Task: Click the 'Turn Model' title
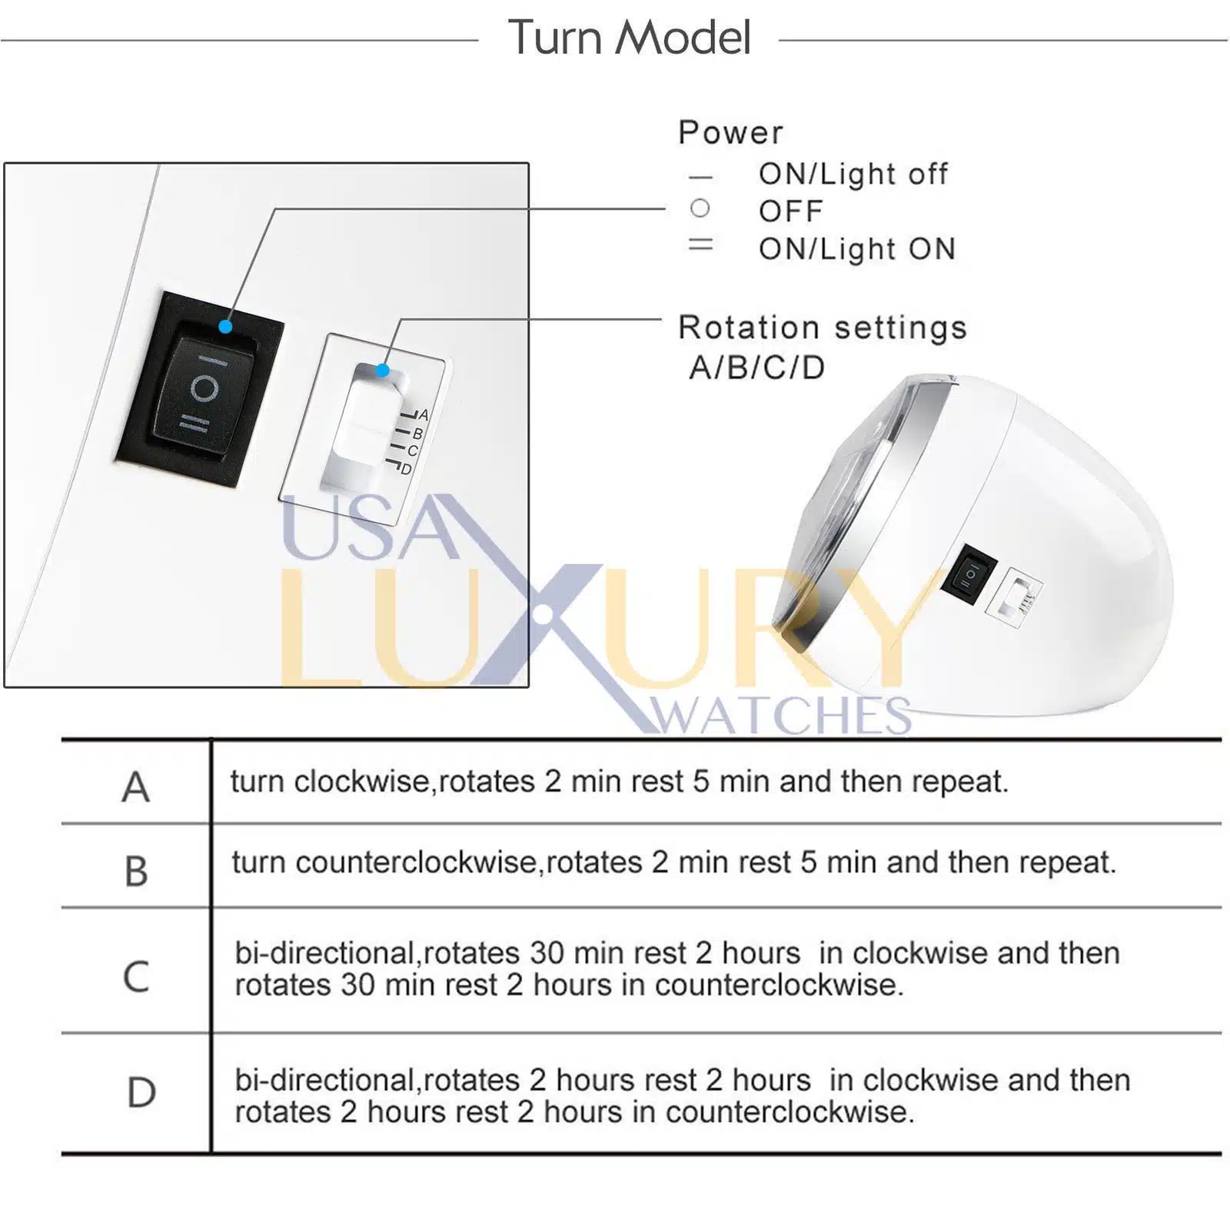tap(629, 38)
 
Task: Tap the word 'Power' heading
tap(730, 133)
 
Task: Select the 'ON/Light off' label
tap(853, 175)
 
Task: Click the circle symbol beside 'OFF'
tap(700, 208)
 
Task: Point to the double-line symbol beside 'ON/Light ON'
tap(700, 244)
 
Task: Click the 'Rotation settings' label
tap(822, 327)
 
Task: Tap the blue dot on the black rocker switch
tap(225, 327)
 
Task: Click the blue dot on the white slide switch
tap(382, 371)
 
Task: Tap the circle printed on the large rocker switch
tap(204, 388)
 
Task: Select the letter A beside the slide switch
tap(423, 415)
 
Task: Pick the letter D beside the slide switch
tap(406, 469)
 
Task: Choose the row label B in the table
tap(136, 871)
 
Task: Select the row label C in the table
tap(136, 976)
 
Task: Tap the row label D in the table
tap(141, 1092)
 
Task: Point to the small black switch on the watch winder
tap(969, 573)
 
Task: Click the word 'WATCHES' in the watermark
tap(781, 716)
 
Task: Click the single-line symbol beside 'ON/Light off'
tap(700, 178)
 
